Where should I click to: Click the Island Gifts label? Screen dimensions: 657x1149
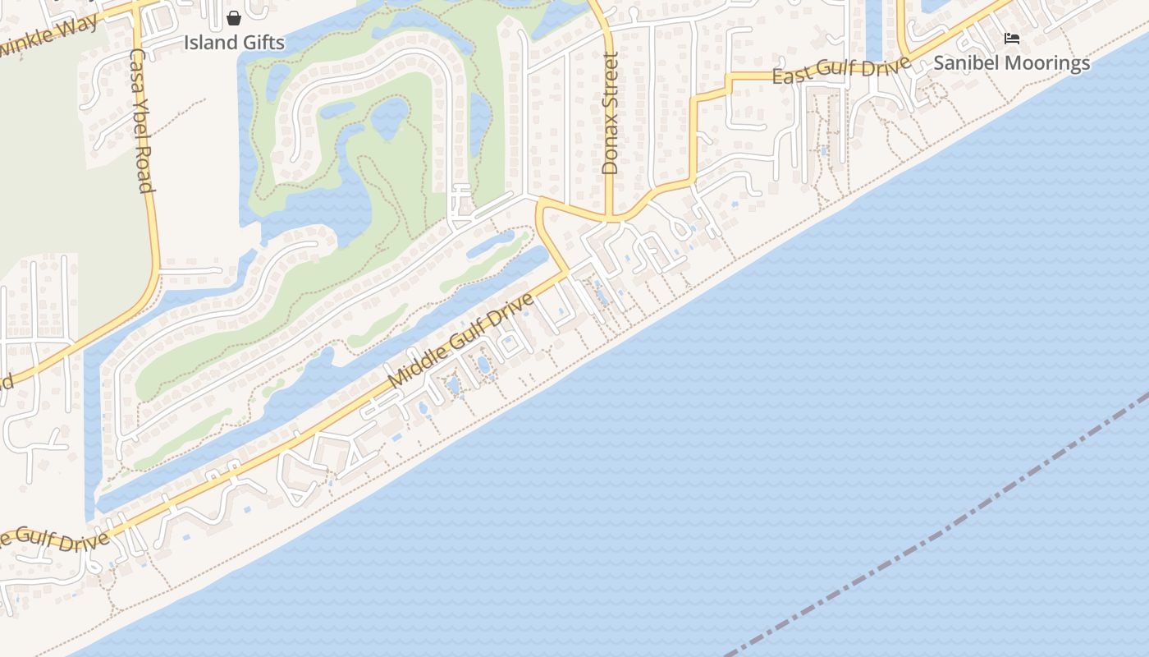click(234, 42)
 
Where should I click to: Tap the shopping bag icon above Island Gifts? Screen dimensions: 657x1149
click(234, 17)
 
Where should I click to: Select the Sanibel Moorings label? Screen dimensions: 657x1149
click(1012, 63)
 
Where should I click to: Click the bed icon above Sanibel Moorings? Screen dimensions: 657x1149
click(1012, 39)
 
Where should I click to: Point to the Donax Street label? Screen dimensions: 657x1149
click(609, 113)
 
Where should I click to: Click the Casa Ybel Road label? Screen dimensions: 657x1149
click(142, 120)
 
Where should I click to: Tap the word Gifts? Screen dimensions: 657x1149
click(262, 42)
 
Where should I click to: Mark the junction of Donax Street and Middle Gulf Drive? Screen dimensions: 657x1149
click(610, 218)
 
